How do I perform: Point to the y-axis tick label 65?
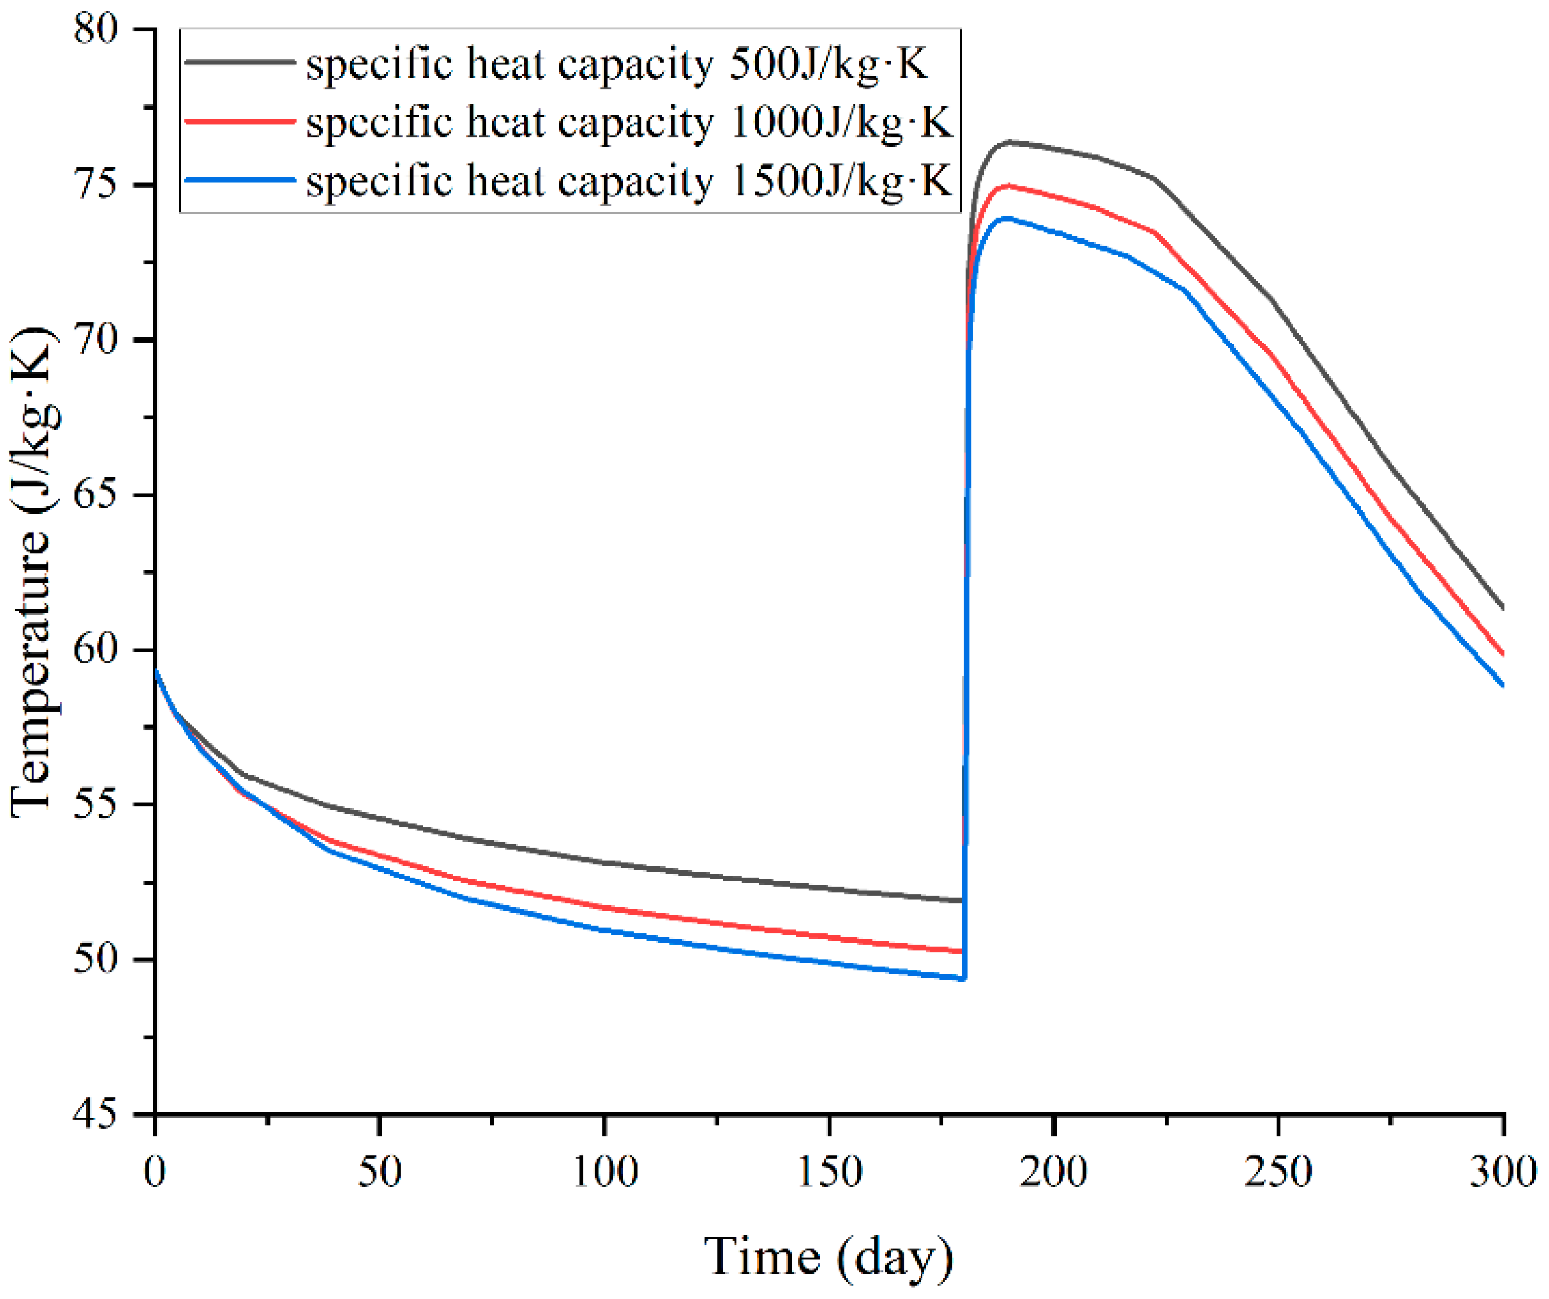click(96, 496)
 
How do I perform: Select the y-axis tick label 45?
click(96, 1114)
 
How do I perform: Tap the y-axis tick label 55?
click(96, 804)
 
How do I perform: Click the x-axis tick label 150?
click(830, 1172)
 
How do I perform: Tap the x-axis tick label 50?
click(379, 1172)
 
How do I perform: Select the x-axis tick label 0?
click(154, 1172)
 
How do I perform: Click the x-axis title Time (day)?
click(828, 1257)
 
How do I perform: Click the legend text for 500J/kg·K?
click(617, 64)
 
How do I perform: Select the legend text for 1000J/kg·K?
click(629, 122)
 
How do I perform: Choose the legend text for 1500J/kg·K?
click(629, 181)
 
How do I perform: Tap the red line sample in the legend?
click(240, 121)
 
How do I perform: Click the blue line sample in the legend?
click(240, 179)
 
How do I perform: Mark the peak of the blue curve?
click(1006, 218)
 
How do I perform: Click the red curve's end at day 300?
click(1503, 654)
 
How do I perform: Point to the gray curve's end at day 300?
click(1503, 609)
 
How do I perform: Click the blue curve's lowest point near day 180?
click(962, 979)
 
